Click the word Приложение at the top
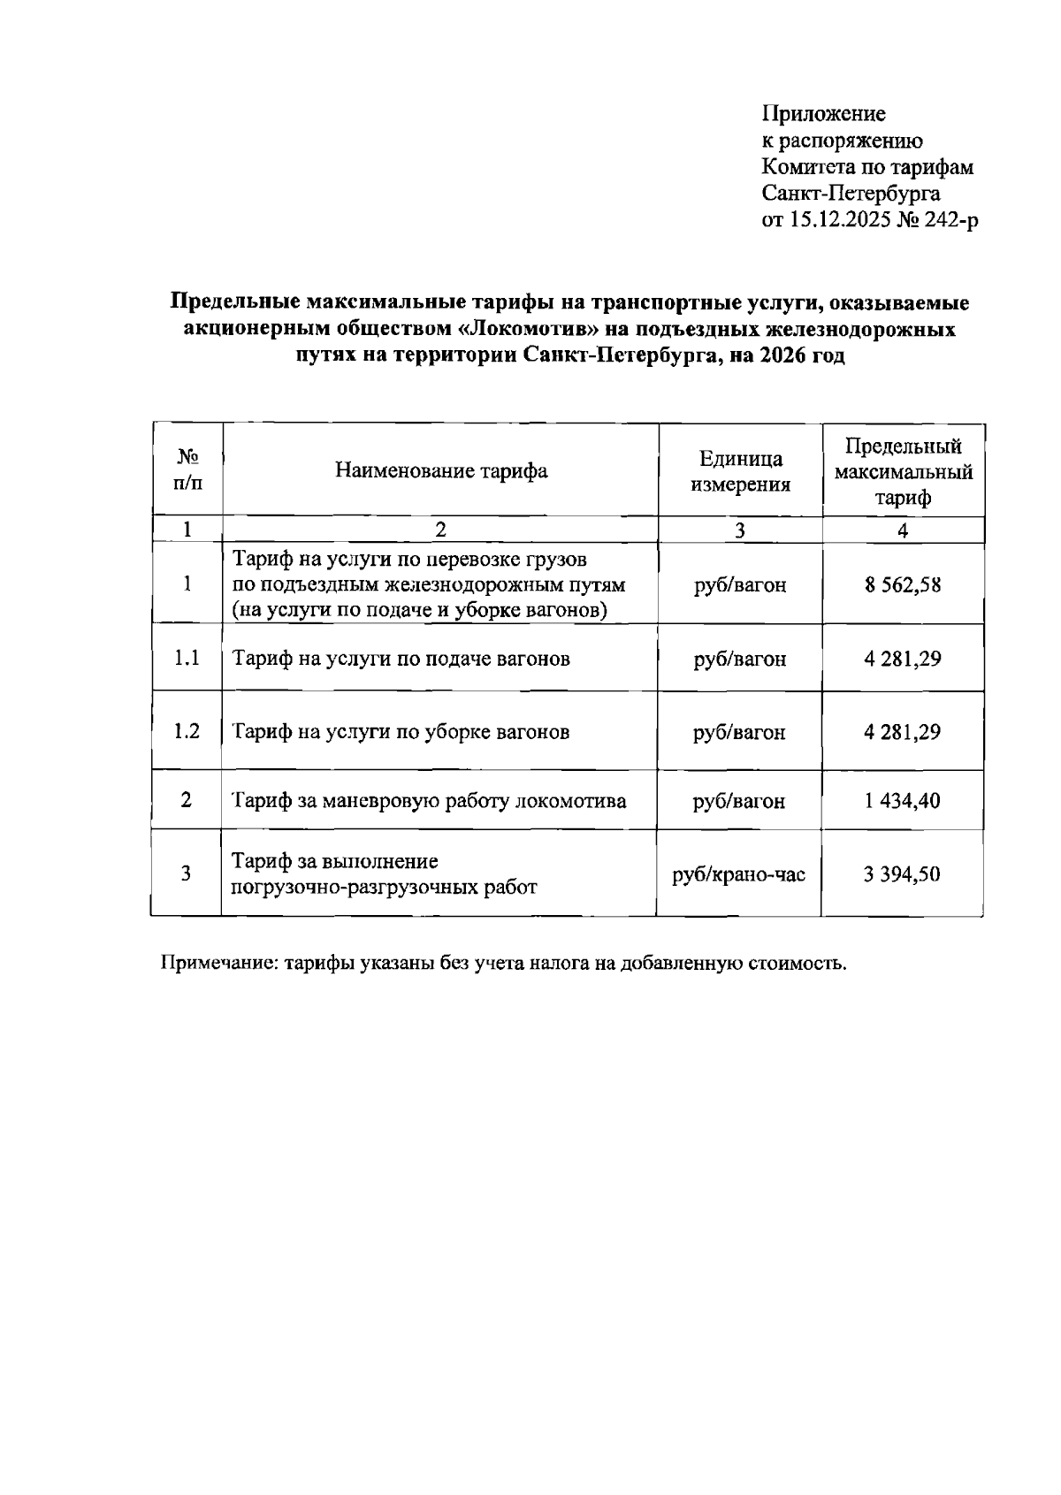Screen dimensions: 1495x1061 [823, 114]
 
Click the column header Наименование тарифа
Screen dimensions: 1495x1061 [440, 470]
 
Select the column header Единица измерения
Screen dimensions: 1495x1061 [740, 470]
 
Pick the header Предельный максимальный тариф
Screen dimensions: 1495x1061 [903, 470]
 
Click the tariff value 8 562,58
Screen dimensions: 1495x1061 [903, 585]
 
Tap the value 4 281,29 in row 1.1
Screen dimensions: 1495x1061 [903, 659]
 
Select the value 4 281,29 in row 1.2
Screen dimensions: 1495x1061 [903, 732]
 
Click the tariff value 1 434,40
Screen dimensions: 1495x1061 [903, 801]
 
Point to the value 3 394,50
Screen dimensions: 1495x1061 [903, 874]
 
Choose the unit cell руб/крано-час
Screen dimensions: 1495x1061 [739, 874]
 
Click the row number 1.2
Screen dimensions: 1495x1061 [187, 732]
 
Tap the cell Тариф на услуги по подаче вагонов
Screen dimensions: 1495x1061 [401, 659]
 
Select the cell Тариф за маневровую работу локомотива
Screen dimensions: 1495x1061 [429, 801]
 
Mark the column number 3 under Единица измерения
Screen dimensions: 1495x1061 [740, 530]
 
